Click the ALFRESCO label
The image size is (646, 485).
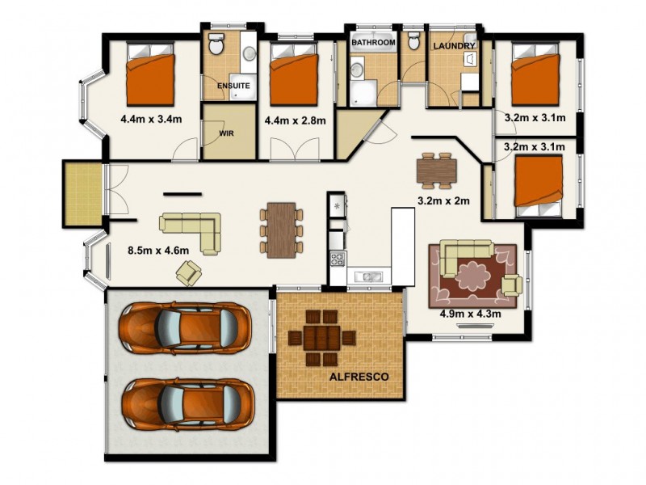(x=359, y=377)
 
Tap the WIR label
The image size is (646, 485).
(x=227, y=133)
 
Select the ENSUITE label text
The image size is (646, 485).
(x=233, y=85)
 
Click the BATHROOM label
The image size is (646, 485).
(x=373, y=42)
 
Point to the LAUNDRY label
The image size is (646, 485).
(x=454, y=46)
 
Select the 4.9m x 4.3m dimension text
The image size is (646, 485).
(x=471, y=314)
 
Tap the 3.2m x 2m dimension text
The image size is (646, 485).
(x=443, y=200)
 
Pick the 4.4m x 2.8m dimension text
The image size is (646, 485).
(x=295, y=121)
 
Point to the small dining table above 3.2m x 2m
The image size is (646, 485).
(x=437, y=170)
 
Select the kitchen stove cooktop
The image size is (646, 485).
(x=337, y=259)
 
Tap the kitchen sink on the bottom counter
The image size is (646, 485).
(x=368, y=277)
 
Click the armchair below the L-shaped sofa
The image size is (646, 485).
(x=189, y=273)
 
